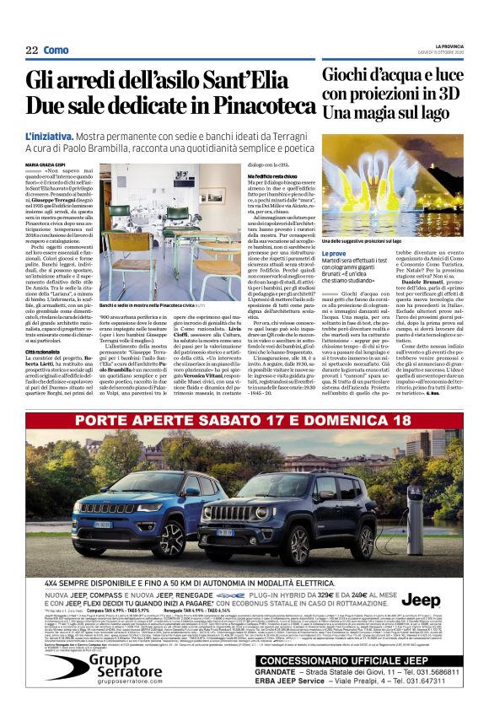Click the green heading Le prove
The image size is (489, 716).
[335, 252]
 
